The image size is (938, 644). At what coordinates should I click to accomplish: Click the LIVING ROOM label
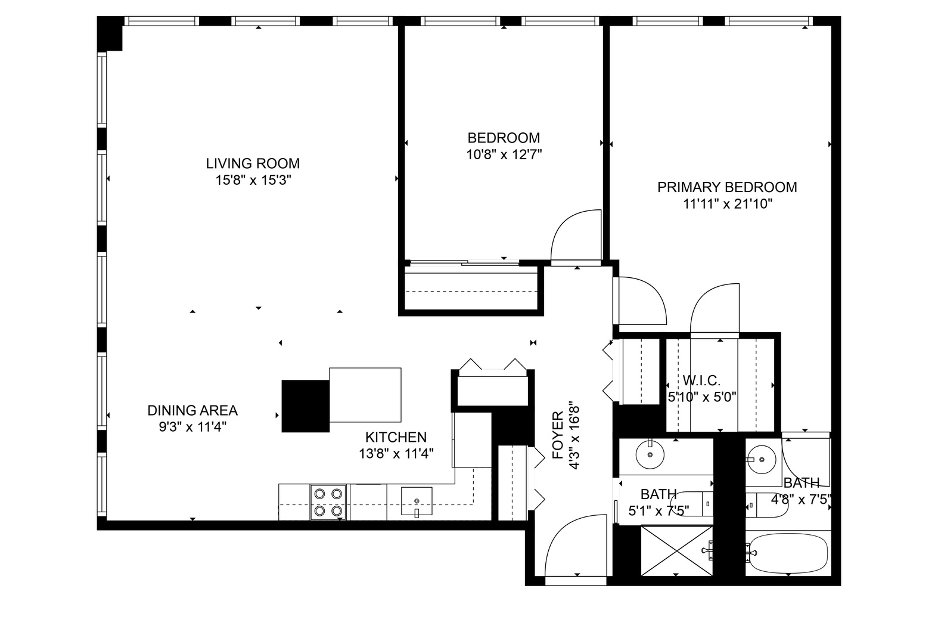[253, 163]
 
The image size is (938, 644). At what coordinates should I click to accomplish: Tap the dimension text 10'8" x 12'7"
[504, 155]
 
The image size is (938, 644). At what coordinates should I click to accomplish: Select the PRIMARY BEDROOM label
[727, 187]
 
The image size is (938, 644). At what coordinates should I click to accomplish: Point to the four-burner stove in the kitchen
[328, 502]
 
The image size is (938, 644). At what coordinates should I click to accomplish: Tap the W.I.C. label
[702, 380]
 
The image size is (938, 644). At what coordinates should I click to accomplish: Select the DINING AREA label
[192, 410]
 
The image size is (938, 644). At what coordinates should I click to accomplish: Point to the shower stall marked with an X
[676, 551]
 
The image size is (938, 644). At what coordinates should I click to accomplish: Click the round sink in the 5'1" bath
[650, 456]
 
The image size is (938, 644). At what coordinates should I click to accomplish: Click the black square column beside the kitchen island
[305, 405]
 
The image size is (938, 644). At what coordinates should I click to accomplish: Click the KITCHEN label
[396, 437]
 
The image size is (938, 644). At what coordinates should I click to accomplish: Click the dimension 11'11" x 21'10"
[727, 205]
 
